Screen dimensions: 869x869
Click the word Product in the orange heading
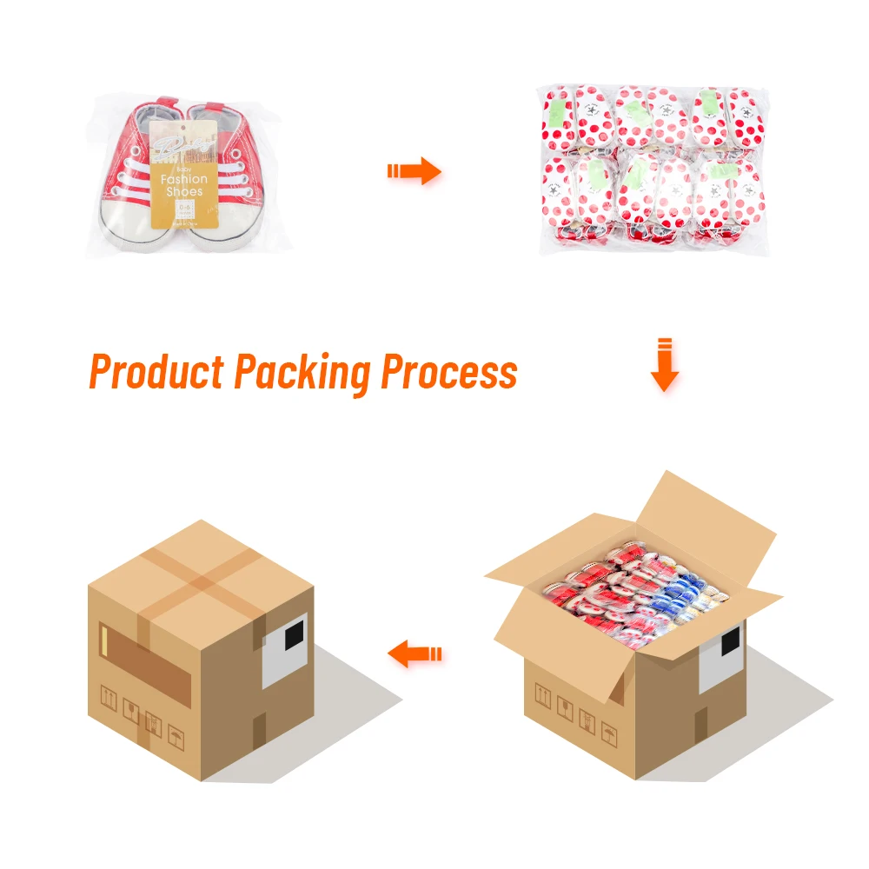pyautogui.click(x=156, y=372)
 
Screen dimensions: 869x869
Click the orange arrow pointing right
pyautogui.click(x=415, y=171)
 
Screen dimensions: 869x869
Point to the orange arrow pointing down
pyautogui.click(x=664, y=366)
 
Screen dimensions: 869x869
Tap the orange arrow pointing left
pyautogui.click(x=415, y=653)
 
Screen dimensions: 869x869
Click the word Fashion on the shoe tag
pyautogui.click(x=184, y=178)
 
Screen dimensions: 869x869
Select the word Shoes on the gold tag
pyautogui.click(x=185, y=191)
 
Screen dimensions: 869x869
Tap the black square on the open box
pyautogui.click(x=730, y=641)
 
